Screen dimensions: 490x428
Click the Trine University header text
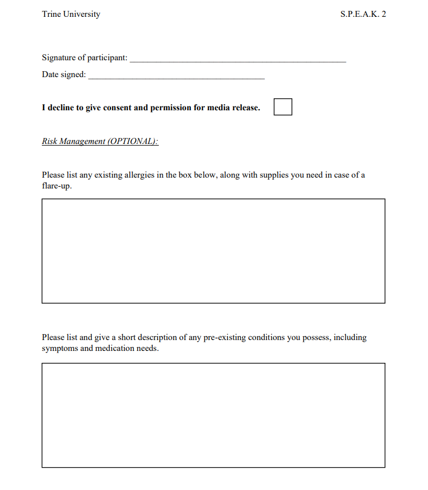[x=71, y=14]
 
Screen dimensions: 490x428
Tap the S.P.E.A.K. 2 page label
[x=363, y=14]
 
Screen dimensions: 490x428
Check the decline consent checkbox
[x=283, y=107]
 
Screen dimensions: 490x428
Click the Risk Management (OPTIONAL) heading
[x=100, y=141]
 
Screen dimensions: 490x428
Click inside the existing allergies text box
[x=213, y=251]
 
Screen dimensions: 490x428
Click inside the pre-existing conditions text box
[x=213, y=415]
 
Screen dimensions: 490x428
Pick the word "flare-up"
[x=57, y=186]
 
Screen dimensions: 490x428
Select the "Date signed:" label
[x=64, y=74]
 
